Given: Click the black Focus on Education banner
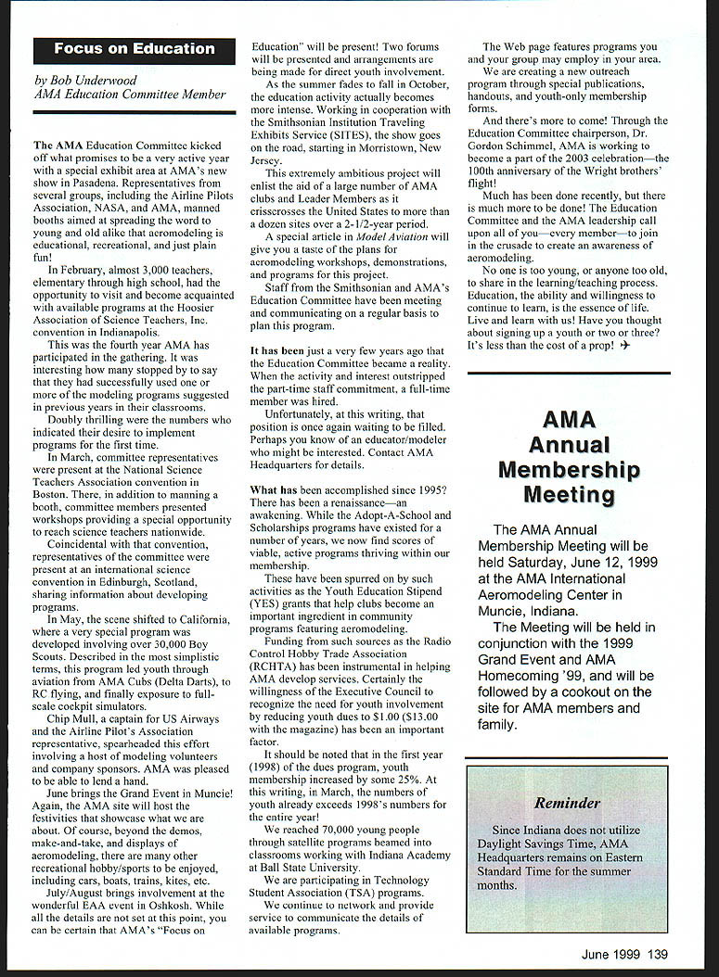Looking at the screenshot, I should click(134, 49).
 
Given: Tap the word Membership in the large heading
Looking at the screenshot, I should click(569, 469).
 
